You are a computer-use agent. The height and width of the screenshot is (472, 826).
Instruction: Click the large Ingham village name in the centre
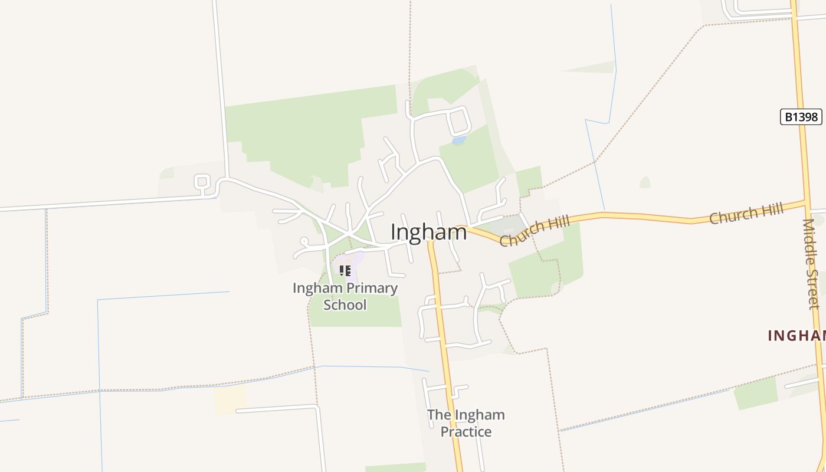tap(428, 232)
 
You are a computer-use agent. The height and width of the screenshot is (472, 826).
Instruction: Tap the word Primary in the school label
tap(371, 289)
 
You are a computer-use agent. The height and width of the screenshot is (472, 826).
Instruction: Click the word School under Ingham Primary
tap(345, 305)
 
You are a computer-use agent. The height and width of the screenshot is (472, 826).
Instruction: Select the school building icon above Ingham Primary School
tap(345, 271)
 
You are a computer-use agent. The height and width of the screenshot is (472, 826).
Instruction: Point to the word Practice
tap(466, 432)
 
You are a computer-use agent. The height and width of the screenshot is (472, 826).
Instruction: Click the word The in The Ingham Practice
tap(439, 415)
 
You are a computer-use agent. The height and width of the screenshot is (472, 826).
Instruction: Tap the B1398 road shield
tap(801, 117)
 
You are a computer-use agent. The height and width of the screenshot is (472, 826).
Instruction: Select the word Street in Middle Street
tap(814, 289)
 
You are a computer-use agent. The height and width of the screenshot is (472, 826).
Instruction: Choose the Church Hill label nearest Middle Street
tap(746, 213)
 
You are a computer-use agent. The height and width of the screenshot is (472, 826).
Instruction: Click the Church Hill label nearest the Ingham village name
tap(535, 231)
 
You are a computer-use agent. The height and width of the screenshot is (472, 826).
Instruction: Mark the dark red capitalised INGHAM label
tap(796, 336)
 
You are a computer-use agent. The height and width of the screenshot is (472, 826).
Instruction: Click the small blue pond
tap(458, 140)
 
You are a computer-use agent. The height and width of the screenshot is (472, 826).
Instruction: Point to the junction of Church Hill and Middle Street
tap(806, 202)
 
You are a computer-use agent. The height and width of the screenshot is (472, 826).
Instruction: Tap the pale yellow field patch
tap(230, 399)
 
